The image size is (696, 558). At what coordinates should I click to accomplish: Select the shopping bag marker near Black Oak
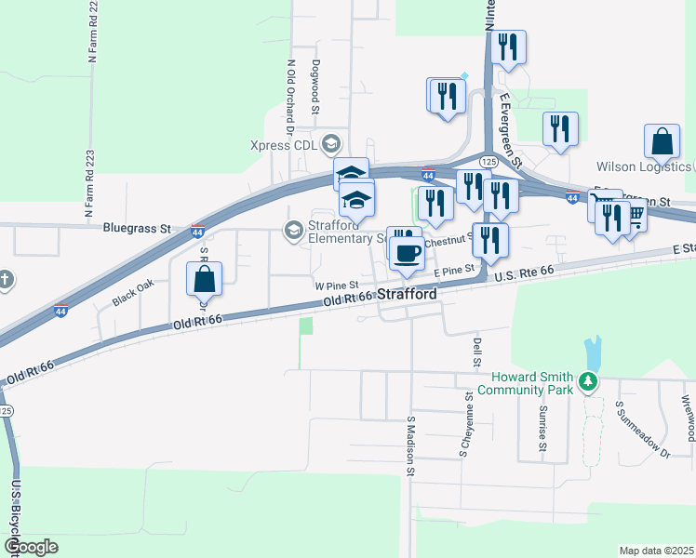[204, 281]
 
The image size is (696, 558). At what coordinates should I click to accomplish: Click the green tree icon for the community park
[586, 381]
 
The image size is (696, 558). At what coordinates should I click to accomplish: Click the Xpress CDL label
[284, 144]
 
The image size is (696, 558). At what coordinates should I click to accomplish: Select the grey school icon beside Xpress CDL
[329, 144]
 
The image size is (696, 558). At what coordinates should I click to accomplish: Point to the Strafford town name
[407, 294]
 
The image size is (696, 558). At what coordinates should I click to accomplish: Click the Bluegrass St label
[139, 227]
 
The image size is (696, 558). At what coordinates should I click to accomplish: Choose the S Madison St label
[409, 445]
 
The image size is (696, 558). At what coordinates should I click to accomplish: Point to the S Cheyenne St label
[463, 423]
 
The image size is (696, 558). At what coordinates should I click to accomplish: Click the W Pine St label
[337, 286]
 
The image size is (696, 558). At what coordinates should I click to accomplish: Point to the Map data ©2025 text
[656, 551]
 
